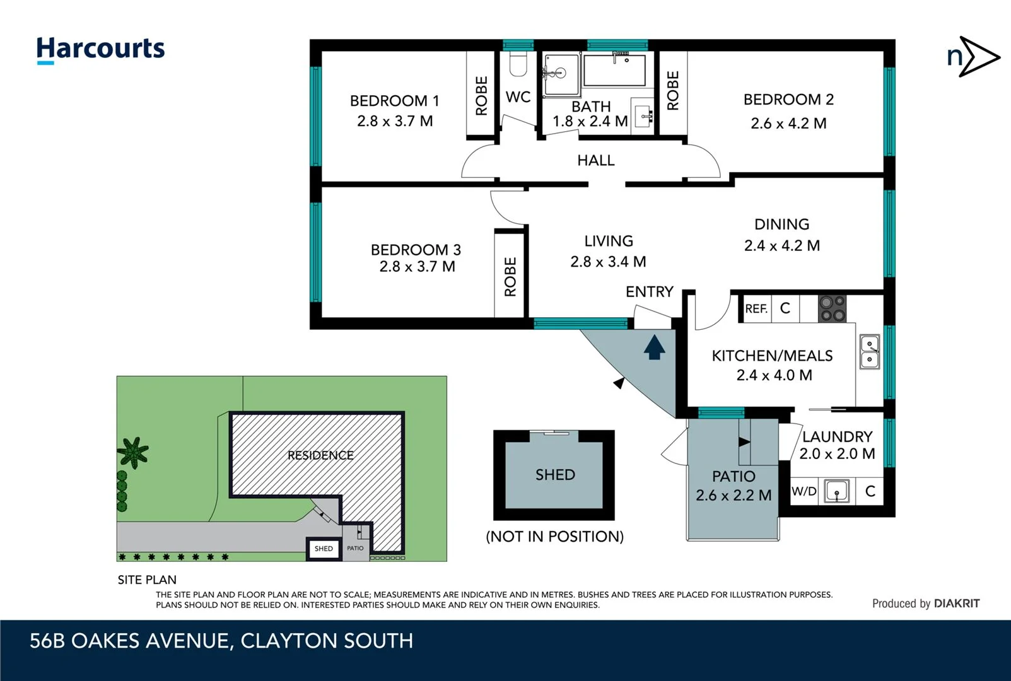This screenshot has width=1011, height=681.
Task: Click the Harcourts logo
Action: point(100,49)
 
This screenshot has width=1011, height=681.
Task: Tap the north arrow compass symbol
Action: point(973,57)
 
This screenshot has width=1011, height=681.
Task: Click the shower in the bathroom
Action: point(561,75)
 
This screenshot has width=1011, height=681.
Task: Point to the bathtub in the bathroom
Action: point(614,70)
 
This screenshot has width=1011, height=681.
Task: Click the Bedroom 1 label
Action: point(394,101)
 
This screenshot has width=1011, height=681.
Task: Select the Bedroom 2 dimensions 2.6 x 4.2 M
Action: point(788,124)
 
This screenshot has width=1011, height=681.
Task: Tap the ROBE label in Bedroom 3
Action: point(510,276)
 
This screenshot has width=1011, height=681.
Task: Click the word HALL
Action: point(595,161)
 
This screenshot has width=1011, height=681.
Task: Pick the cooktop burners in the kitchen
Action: point(832,309)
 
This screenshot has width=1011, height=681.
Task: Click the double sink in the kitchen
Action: point(870,352)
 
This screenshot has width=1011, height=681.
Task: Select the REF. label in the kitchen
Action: point(756,309)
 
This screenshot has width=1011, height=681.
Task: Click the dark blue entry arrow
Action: point(654,347)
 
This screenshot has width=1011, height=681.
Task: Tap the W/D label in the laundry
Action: point(804,491)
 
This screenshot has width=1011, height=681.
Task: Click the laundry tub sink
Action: point(837,491)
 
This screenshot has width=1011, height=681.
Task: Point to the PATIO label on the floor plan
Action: point(733,476)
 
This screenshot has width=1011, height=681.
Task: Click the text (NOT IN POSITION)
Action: point(554,537)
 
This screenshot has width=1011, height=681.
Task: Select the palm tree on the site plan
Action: point(132,451)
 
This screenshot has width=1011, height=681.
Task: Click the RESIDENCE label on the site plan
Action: point(320,455)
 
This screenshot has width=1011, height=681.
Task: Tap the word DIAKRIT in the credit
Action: point(957,603)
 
